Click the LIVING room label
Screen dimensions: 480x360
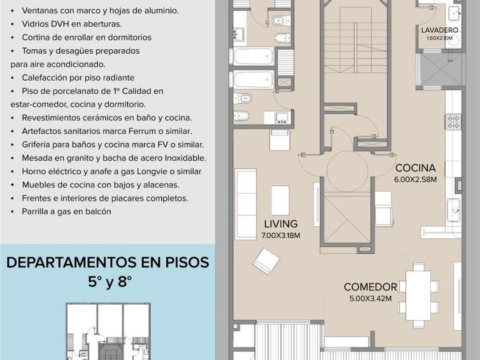coord(281,224)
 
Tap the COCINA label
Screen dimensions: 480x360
coord(415,168)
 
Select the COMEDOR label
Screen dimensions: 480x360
coord(370,287)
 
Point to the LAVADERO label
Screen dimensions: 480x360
coord(439,30)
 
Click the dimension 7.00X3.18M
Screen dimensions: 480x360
coord(281,235)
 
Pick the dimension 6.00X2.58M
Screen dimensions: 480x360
coord(415,179)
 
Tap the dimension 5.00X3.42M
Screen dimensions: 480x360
coord(370,298)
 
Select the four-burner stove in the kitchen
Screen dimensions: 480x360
coord(453,122)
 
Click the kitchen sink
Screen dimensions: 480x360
coord(454,210)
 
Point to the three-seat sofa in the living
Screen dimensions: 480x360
coord(246,204)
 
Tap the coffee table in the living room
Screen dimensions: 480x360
coord(280,201)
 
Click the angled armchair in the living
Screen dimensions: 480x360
coord(266,261)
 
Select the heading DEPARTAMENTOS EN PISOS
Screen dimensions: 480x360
coord(108,263)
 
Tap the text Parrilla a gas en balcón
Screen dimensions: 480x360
coord(66,211)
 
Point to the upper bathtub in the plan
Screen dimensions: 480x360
coord(253,56)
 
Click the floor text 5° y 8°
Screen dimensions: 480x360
coord(110,282)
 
